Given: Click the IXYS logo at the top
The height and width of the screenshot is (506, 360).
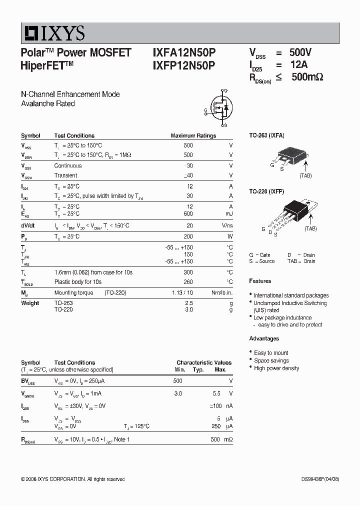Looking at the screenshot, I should tap(53, 33).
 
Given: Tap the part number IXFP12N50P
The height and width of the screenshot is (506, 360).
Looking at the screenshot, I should tap(184, 65).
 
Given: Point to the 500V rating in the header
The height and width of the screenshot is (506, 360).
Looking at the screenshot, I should tap(300, 53).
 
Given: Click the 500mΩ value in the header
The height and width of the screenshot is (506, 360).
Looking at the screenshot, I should tap(307, 77).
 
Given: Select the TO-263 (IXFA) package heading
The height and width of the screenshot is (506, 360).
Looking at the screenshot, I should tap(266, 135).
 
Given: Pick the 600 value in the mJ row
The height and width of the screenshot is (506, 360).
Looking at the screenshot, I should tap(188, 214).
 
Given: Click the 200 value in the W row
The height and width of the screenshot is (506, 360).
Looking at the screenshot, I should tap(188, 236).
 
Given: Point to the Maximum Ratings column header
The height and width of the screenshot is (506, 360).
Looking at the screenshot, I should tap(193, 135).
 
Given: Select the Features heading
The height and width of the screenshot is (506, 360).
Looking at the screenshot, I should tap(260, 281).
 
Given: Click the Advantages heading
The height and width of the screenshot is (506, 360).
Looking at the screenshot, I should tap(264, 338).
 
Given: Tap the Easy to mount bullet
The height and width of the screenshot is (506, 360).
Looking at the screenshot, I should tap(271, 353).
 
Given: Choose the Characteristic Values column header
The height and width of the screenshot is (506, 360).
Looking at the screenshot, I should tap(204, 362).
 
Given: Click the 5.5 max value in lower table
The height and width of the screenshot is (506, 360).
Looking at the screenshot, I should tap(216, 393).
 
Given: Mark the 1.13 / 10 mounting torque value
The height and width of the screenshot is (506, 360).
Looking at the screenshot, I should tap(182, 293).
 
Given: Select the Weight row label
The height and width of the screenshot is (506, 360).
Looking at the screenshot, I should tap(30, 303).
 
